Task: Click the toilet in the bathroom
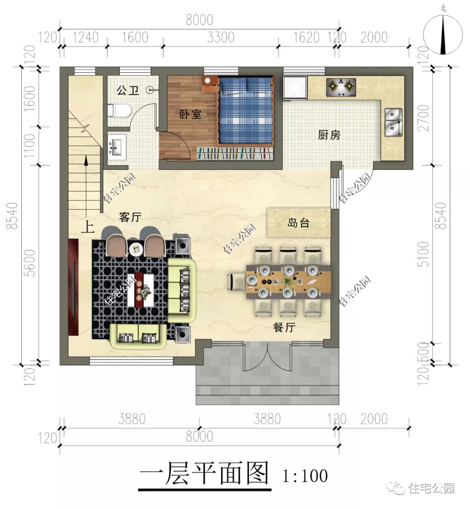pos(121,111)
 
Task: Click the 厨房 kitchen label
pos(329,135)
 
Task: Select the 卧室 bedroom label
pos(191,115)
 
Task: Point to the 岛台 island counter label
pos(299,223)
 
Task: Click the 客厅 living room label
pos(130,217)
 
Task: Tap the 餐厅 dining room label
pos(284,327)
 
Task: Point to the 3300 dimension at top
pos(221,37)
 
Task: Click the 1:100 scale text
pos(305,475)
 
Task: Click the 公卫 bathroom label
pos(128,91)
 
